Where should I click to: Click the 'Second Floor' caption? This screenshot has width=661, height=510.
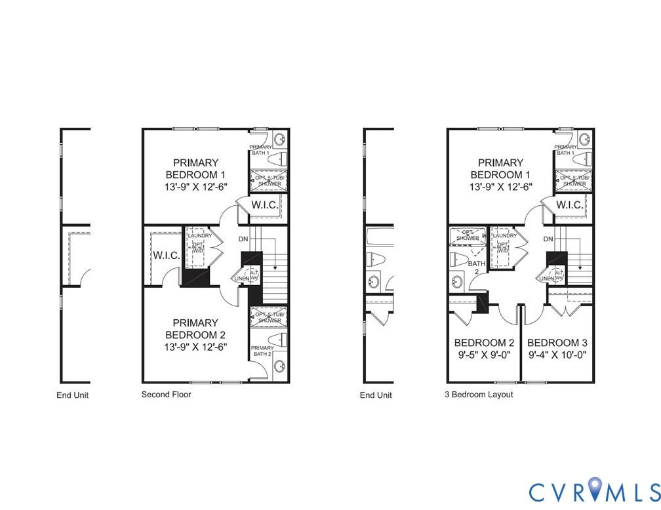166,395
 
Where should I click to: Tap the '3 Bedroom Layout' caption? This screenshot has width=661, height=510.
479,395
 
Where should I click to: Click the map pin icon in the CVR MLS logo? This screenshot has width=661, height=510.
595,489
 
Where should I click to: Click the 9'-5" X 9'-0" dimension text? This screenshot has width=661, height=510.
484,355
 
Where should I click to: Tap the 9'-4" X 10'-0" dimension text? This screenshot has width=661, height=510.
557,355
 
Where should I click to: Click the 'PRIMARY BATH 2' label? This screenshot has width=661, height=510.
262,351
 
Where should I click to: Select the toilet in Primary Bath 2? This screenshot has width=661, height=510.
278,340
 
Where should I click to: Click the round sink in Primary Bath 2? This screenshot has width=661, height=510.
279,366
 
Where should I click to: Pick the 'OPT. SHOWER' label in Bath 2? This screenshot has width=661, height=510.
464,235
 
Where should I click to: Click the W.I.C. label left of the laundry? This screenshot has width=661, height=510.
166,255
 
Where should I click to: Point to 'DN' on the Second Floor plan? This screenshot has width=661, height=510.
243,239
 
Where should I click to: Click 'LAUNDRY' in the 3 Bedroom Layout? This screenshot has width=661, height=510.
504,236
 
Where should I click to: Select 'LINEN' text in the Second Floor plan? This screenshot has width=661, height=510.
242,279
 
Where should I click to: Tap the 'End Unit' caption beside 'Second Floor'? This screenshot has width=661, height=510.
72,395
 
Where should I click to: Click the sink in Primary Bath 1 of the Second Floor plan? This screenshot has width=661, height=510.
279,140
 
